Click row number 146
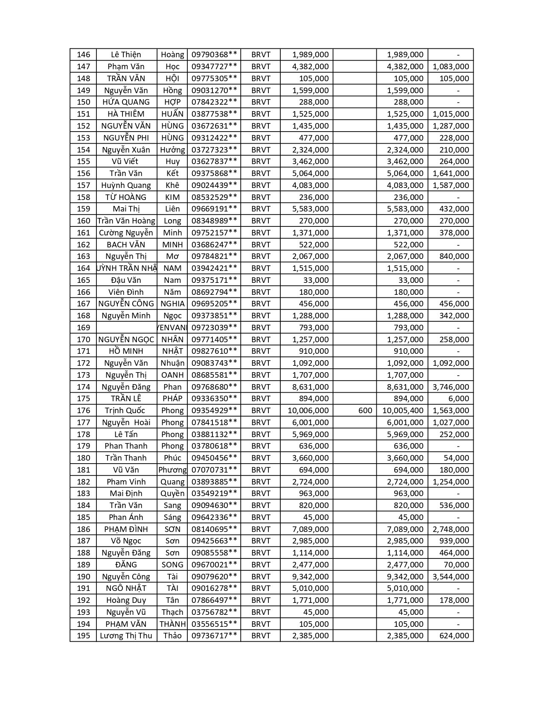(84, 55)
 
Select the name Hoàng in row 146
(172, 55)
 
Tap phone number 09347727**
(214, 66)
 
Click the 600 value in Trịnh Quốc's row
(365, 410)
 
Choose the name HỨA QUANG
(126, 102)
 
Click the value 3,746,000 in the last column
(451, 387)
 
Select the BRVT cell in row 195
(261, 635)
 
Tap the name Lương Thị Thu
(126, 635)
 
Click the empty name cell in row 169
(126, 327)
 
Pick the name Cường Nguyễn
(126, 232)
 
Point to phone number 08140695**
(214, 529)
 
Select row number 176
(84, 410)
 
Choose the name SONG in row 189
(172, 564)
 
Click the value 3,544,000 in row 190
(451, 576)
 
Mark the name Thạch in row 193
(172, 612)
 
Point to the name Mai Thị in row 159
(126, 209)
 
